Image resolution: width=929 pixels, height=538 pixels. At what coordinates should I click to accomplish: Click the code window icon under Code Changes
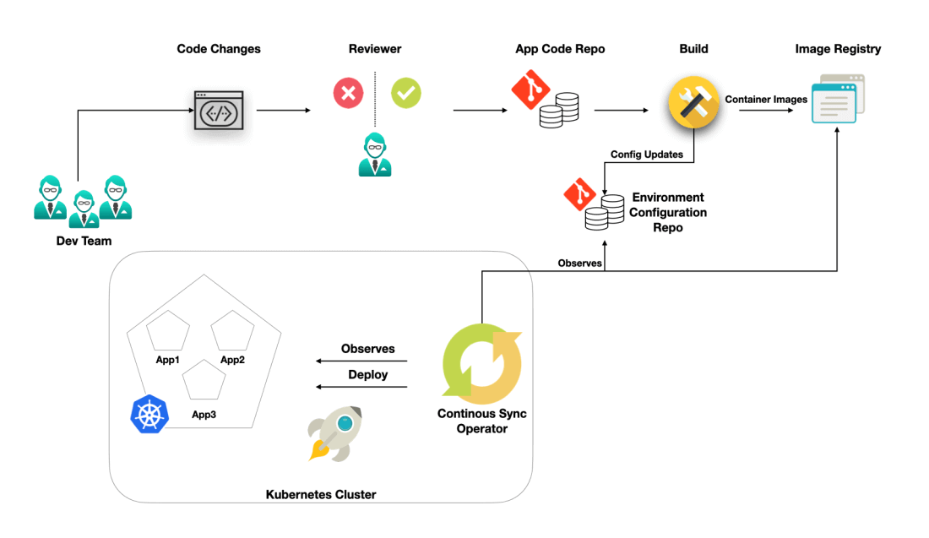(x=219, y=110)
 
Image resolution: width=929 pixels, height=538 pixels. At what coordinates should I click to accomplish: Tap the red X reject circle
(x=348, y=93)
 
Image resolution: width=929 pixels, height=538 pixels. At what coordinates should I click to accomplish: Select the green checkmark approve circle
(x=406, y=93)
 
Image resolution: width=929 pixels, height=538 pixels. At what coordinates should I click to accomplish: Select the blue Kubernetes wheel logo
(x=150, y=414)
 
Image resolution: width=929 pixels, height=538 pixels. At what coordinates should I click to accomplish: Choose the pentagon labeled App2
(x=232, y=332)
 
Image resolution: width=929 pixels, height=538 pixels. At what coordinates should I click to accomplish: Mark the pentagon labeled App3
(x=204, y=381)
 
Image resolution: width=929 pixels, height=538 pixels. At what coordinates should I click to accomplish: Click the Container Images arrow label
(x=766, y=99)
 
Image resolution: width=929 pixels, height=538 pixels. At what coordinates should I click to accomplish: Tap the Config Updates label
(x=647, y=155)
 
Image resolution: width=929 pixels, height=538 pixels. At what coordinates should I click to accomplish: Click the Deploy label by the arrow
(x=367, y=374)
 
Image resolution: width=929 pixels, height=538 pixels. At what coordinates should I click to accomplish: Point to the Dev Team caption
(x=79, y=242)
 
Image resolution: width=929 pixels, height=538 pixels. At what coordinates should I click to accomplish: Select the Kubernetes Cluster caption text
(x=321, y=494)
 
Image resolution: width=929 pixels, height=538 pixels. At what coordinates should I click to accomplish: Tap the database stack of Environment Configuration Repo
(x=598, y=214)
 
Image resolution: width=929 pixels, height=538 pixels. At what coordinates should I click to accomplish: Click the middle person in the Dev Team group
(x=84, y=209)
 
